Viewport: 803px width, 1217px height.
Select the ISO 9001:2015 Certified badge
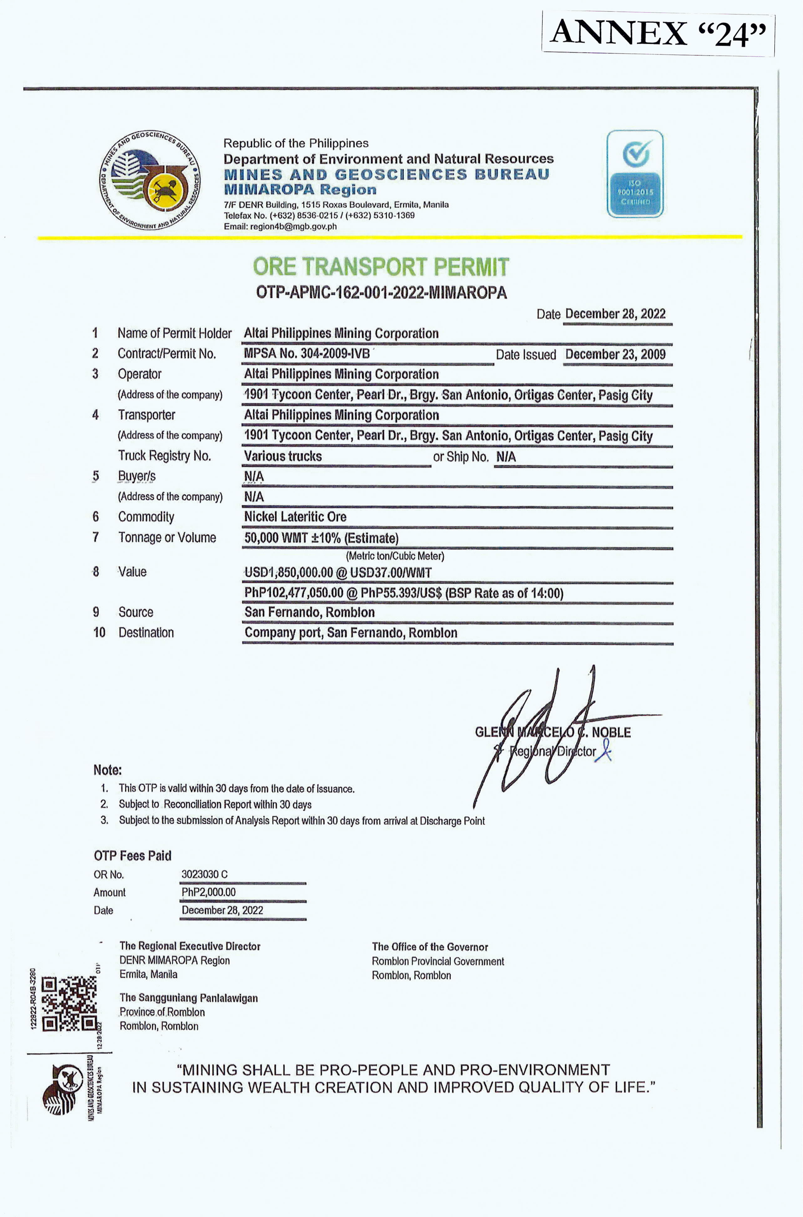[635, 174]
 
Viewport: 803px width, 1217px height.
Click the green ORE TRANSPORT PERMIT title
[381, 267]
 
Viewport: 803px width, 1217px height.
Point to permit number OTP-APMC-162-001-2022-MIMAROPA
[381, 293]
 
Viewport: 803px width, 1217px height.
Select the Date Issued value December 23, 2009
[615, 354]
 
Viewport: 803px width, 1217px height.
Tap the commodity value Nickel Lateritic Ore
[295, 517]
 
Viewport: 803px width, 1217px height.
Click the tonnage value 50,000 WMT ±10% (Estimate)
[321, 538]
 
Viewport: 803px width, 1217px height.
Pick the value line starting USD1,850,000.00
[338, 572]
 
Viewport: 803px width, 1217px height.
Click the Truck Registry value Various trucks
[283, 456]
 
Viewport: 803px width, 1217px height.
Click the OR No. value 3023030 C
[204, 874]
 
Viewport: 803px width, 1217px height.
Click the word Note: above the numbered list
[108, 770]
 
